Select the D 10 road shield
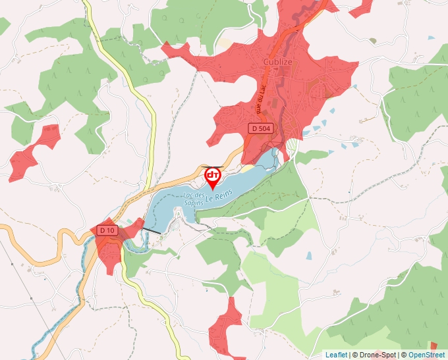click(x=107, y=230)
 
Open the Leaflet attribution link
click(x=336, y=355)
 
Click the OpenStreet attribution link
click(x=426, y=355)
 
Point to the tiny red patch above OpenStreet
click(x=433, y=346)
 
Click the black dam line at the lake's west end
click(x=152, y=230)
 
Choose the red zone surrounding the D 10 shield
click(x=112, y=247)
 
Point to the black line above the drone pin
click(x=213, y=167)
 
